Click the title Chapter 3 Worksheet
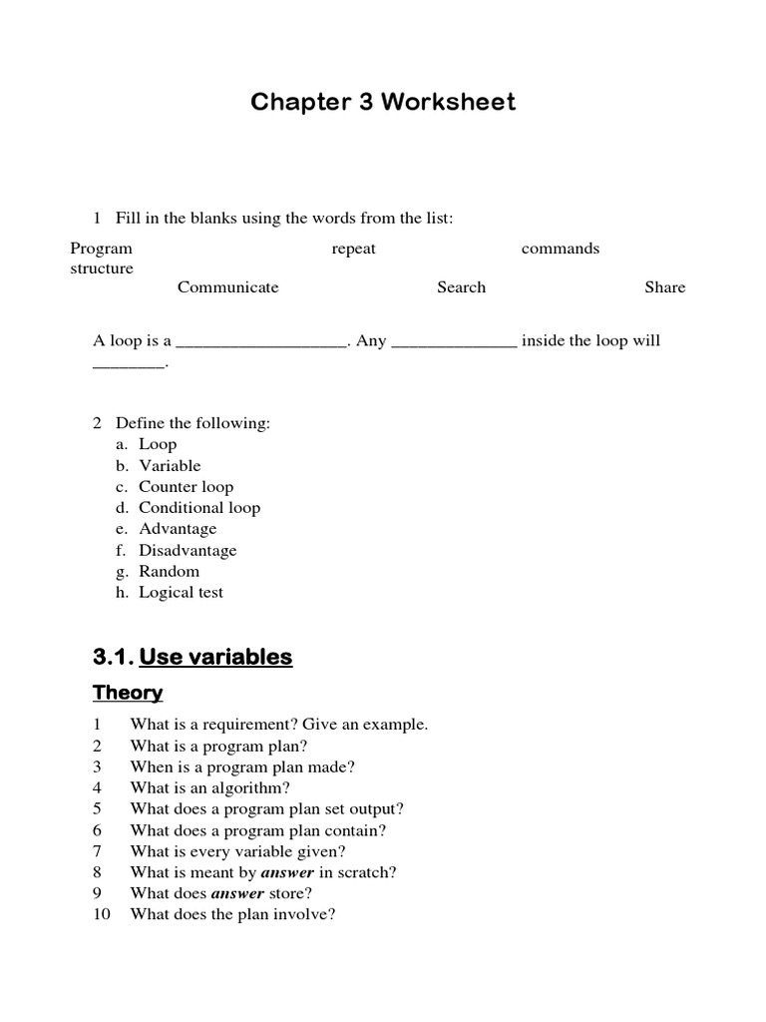point(383,102)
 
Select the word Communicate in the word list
point(227,287)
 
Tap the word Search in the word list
point(461,287)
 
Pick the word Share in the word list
point(664,287)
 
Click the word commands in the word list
point(560,249)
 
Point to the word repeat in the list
point(353,249)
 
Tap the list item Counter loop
point(186,487)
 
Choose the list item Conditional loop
point(198,508)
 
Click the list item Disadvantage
point(188,550)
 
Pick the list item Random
point(169,571)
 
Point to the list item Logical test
point(181,593)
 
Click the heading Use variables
point(215,657)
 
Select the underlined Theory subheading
point(128,693)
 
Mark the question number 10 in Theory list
point(101,914)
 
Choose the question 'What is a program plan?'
point(218,746)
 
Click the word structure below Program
point(101,269)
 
